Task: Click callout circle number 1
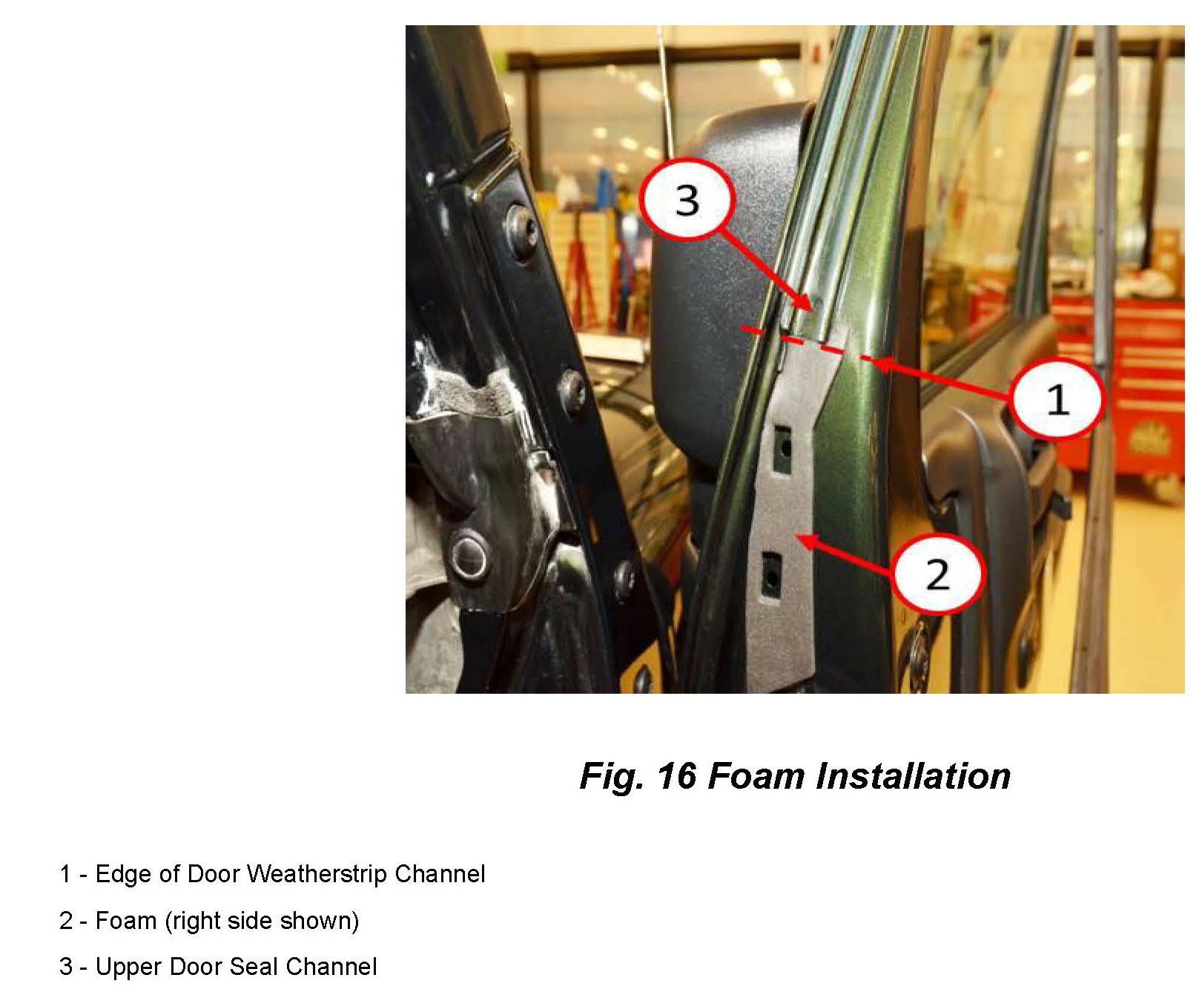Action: coord(1056,398)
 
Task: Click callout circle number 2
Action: coord(937,573)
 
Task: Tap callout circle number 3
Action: coord(687,200)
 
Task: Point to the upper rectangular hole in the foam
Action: coord(783,448)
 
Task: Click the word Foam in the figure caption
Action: coord(756,776)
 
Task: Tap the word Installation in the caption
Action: coord(914,776)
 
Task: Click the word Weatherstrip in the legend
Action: coord(317,874)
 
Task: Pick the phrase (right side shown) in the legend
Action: coord(262,921)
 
